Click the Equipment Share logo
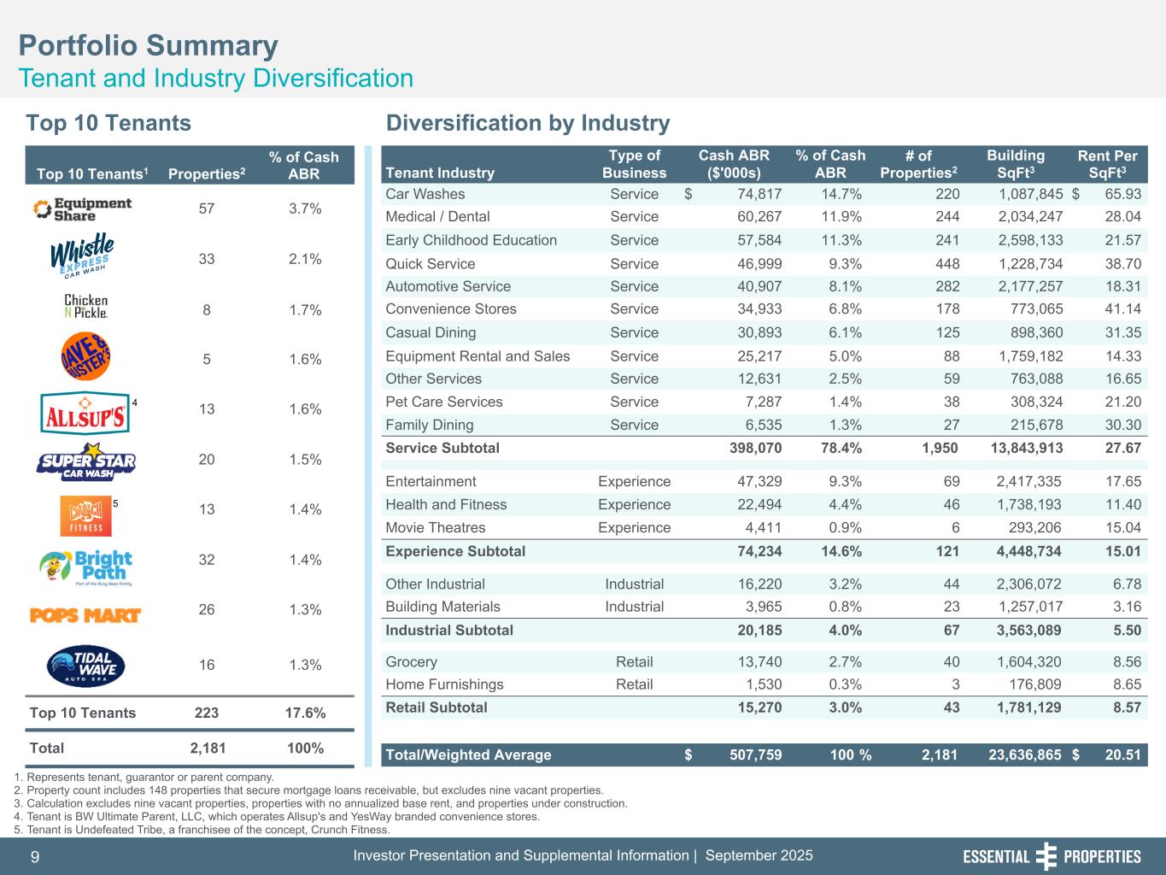point(82,208)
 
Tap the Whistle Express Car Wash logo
point(82,256)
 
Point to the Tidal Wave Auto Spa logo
point(85,666)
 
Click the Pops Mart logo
point(85,615)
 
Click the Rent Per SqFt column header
point(1107,164)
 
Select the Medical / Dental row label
point(437,217)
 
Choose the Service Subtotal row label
point(442,448)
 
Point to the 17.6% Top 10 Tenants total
point(304,713)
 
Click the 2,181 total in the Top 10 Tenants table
point(208,749)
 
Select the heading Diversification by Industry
point(528,124)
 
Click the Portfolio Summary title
point(149,45)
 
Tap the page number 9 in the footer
point(35,857)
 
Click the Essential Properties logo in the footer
point(1052,857)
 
